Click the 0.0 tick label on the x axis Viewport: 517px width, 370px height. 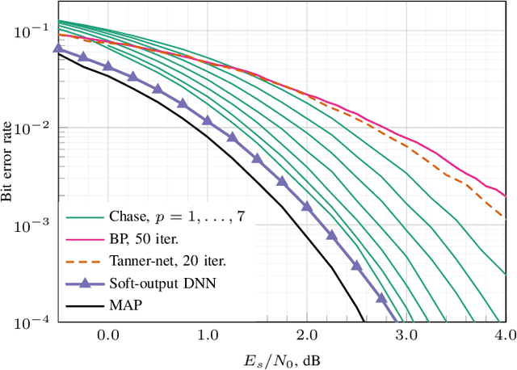(107, 334)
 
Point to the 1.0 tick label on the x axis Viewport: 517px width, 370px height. (208, 334)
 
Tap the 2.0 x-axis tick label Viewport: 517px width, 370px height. (307, 334)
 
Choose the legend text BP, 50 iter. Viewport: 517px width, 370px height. (145, 240)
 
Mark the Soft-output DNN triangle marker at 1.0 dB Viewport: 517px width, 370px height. (208, 120)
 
